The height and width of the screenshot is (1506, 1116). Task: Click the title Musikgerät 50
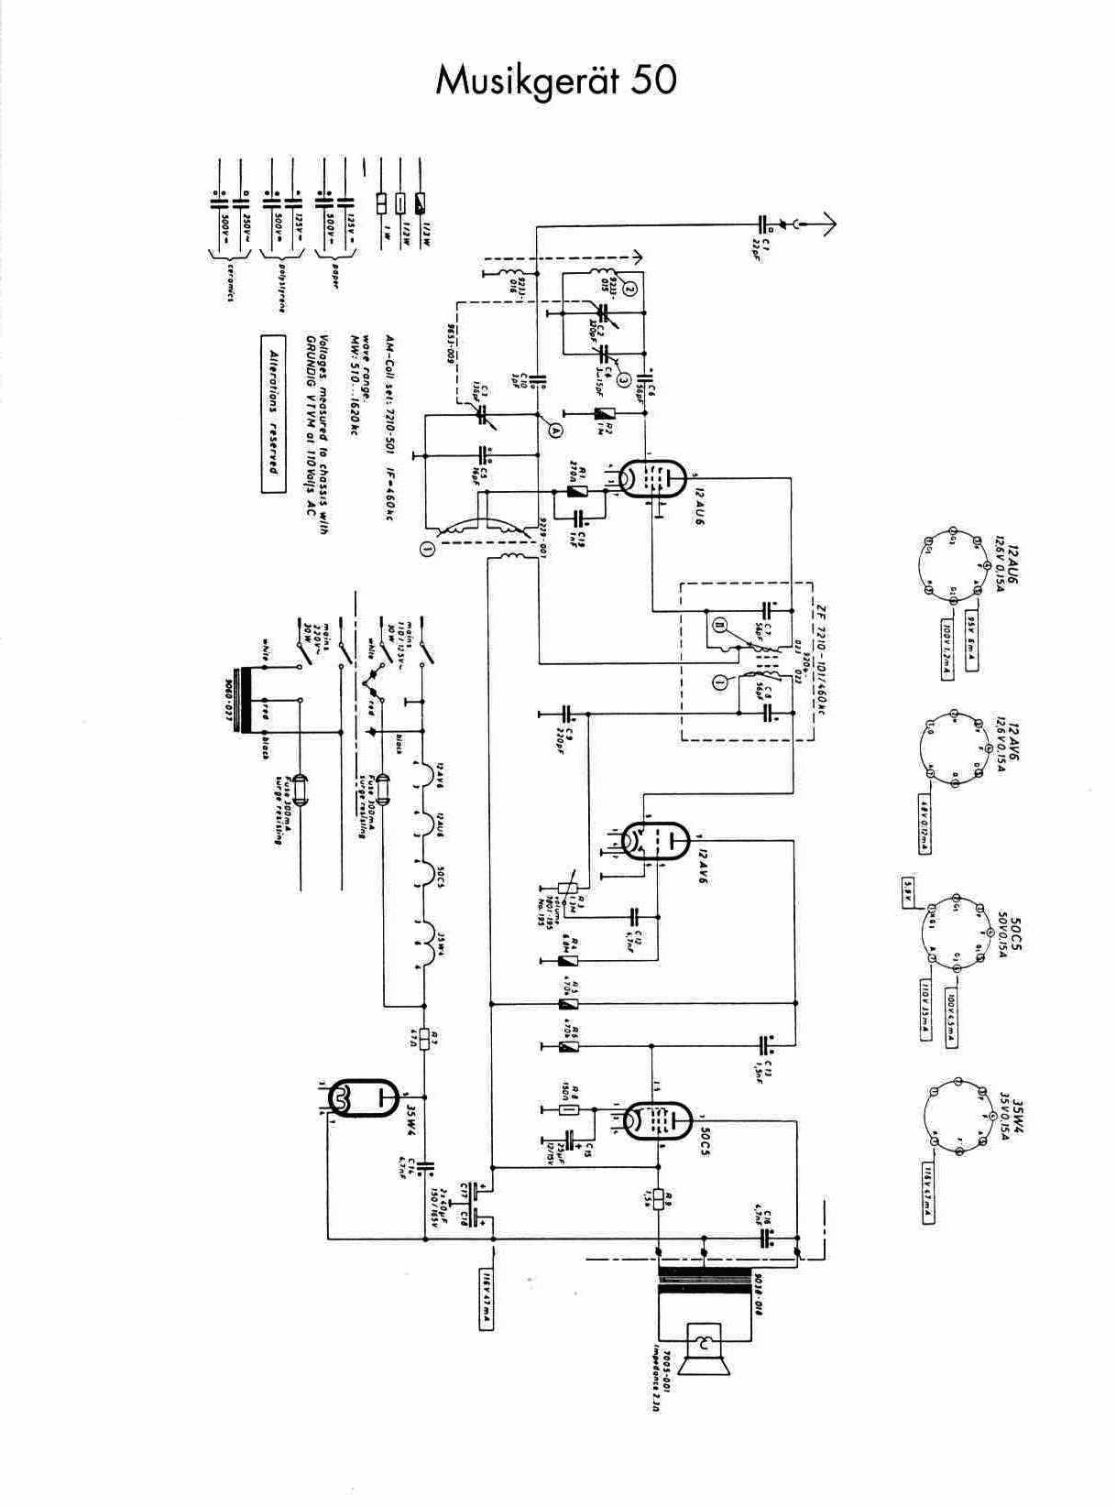(x=556, y=81)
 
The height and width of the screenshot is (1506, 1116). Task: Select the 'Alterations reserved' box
(x=273, y=414)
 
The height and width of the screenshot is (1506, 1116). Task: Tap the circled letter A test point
(x=553, y=425)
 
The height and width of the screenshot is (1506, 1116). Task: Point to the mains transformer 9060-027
(x=246, y=703)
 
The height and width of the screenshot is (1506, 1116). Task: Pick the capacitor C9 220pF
(x=566, y=712)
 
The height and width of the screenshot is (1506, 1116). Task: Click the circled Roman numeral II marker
(x=719, y=626)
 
